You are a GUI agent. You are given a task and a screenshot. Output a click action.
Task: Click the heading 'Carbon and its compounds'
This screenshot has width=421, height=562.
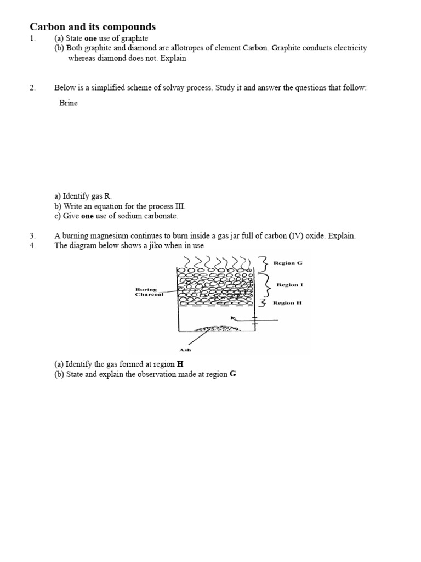[92, 27]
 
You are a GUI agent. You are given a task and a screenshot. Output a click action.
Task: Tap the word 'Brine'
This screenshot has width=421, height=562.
[69, 103]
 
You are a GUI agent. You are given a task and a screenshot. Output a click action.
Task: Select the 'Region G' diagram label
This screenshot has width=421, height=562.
[288, 263]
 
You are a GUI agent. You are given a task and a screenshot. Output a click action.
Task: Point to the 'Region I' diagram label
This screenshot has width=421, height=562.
[290, 285]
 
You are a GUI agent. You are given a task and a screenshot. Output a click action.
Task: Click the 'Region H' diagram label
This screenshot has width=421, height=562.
[288, 302]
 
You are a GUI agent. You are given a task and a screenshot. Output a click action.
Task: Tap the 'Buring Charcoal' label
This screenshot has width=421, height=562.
[149, 292]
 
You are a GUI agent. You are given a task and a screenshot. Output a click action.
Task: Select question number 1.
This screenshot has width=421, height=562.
[32, 38]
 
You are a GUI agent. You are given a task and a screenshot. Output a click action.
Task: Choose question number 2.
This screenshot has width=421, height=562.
[32, 88]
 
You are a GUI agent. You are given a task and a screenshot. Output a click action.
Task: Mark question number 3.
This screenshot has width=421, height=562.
[32, 236]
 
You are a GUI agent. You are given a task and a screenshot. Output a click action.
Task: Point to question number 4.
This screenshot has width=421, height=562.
[32, 245]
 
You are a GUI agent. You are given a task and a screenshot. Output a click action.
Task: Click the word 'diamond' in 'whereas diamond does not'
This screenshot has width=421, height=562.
[111, 58]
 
